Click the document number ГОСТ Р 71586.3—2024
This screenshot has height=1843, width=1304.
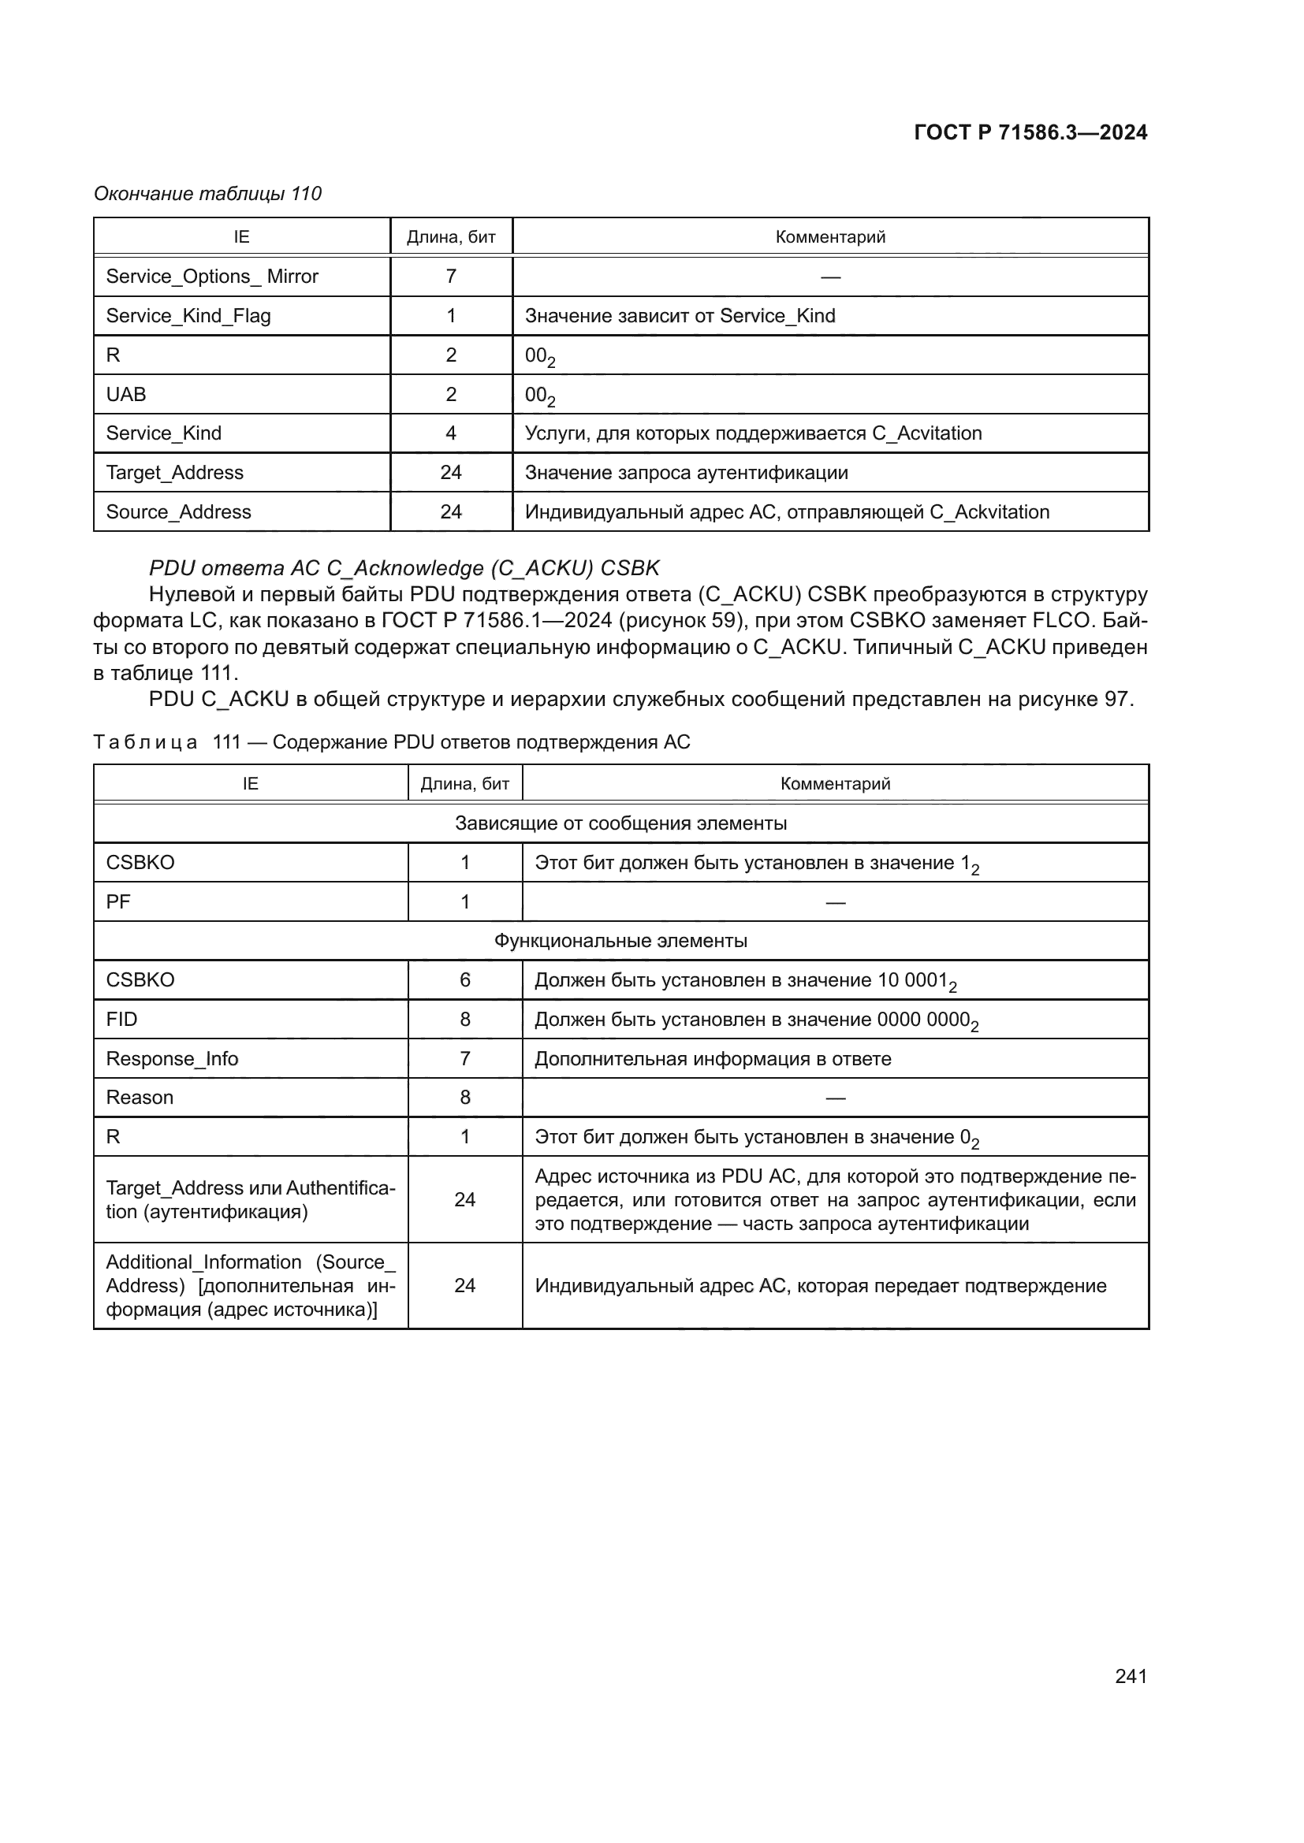(x=1030, y=132)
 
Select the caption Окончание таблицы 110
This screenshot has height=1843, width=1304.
(x=207, y=194)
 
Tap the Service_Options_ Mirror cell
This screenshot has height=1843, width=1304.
(x=212, y=276)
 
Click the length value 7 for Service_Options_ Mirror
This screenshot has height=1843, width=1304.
(x=450, y=276)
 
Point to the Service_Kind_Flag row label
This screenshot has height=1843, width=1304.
(x=188, y=315)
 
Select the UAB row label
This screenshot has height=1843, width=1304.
(x=126, y=394)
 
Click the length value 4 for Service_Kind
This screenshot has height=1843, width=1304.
(x=450, y=433)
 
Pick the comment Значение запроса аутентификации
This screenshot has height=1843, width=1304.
(x=686, y=473)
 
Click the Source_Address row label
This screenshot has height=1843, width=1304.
(x=178, y=512)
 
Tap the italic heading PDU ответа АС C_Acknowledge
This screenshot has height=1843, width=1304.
(x=404, y=568)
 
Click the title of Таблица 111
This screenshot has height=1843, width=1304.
(x=391, y=742)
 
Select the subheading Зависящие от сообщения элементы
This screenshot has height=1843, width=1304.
(x=620, y=823)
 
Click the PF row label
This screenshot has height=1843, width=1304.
(x=118, y=902)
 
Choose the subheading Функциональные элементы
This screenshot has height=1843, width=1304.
(x=620, y=941)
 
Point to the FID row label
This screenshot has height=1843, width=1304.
(x=121, y=1020)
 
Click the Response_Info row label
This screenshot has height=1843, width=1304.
(x=172, y=1059)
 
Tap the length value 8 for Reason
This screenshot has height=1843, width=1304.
(x=465, y=1098)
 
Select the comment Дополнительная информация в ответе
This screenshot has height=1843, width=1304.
(x=712, y=1059)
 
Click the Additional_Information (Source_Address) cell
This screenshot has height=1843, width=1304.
(x=250, y=1286)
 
